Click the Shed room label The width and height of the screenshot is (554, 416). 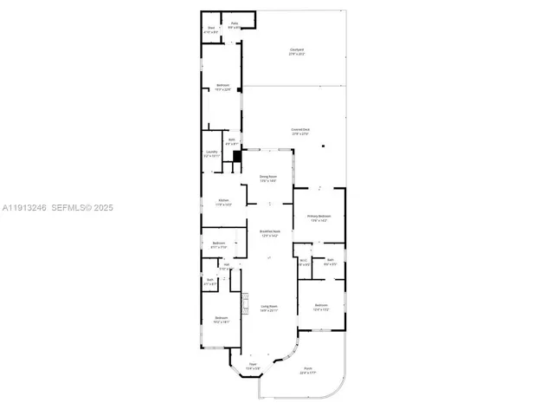210,29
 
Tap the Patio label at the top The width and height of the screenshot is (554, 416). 234,26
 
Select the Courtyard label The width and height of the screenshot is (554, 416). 297,52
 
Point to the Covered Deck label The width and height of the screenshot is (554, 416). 300,132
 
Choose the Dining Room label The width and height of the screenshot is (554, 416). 268,179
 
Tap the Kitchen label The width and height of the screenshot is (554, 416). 223,203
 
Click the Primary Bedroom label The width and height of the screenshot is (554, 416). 319,218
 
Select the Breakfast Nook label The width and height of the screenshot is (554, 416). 269,233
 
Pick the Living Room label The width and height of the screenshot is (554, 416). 269,308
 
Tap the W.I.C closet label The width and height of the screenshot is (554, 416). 303,262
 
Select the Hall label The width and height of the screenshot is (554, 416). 226,267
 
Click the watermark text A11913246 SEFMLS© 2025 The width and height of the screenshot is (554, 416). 57,208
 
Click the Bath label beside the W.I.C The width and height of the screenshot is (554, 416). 330,262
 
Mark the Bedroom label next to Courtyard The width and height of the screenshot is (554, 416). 222,87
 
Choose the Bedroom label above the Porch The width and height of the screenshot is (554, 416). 321,307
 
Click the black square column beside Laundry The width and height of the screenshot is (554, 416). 235,156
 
